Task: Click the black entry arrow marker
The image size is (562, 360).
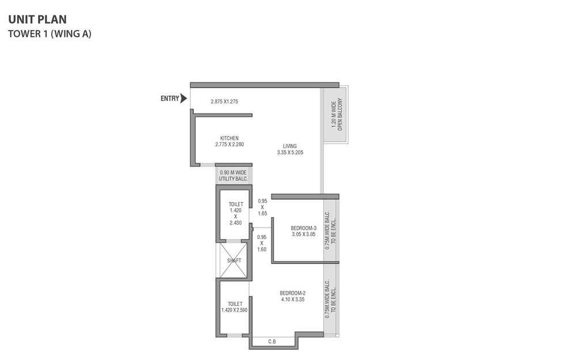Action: (183, 98)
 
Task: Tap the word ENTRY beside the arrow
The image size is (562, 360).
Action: (170, 98)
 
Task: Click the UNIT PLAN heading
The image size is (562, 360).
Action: (37, 20)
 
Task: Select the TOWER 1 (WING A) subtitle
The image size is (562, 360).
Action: (50, 33)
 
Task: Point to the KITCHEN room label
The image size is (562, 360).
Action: (229, 138)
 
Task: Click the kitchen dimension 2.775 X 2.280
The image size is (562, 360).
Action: (229, 145)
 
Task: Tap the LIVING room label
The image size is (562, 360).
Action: (290, 146)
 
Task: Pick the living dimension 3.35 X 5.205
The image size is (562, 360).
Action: (290, 152)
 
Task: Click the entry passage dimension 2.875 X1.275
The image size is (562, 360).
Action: (224, 101)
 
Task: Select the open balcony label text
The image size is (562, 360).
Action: (337, 114)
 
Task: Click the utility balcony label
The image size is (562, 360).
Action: (233, 176)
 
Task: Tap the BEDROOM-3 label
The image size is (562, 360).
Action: (304, 228)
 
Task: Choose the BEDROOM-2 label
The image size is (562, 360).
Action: (293, 293)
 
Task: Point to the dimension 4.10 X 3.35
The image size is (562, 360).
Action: (293, 300)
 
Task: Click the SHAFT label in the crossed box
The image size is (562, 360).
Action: (234, 260)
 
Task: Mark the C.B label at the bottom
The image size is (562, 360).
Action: (272, 342)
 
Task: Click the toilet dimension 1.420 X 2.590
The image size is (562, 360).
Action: (235, 310)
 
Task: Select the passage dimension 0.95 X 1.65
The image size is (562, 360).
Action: (262, 207)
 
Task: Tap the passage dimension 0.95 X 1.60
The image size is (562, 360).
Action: (262, 243)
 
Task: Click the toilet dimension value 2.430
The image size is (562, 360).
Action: (236, 223)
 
